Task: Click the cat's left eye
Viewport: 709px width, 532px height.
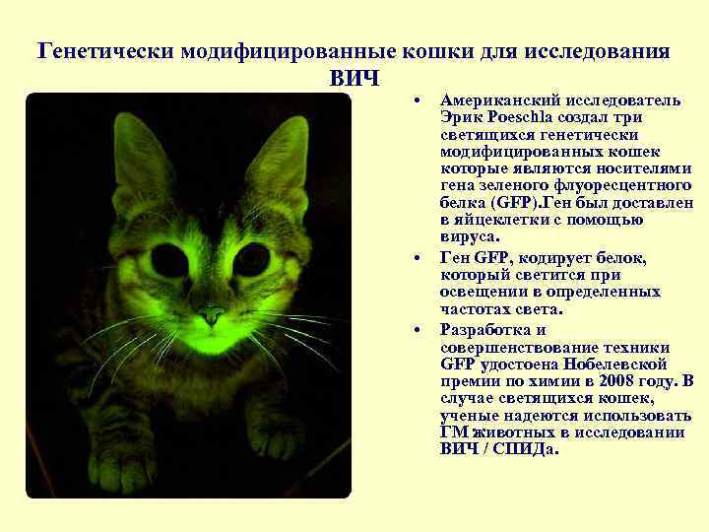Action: (170, 260)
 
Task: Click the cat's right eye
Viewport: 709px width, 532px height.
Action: (252, 260)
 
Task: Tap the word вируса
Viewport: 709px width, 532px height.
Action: (470, 236)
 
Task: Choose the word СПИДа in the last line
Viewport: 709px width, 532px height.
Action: (527, 449)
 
